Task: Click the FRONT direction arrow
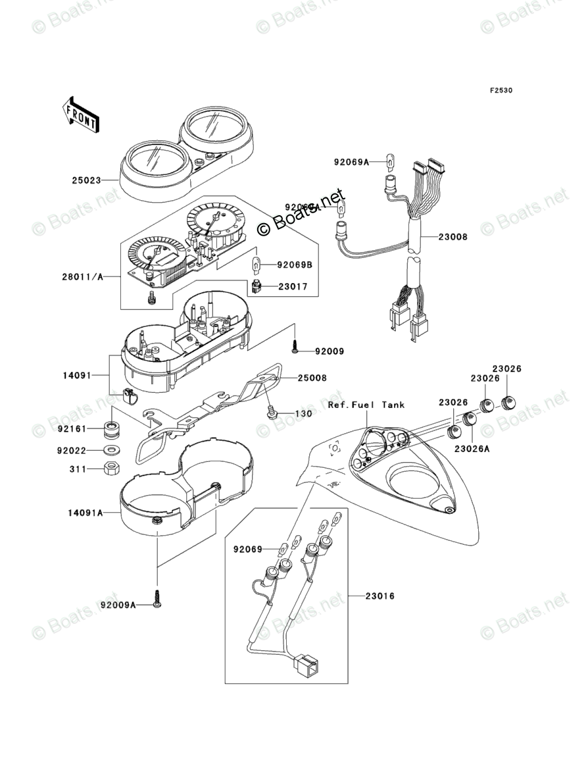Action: click(81, 115)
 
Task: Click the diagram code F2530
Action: click(500, 91)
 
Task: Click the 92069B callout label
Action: click(294, 266)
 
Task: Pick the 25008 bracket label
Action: click(312, 378)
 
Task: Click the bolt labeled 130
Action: click(271, 413)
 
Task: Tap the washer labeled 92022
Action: click(112, 451)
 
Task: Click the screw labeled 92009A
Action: click(157, 599)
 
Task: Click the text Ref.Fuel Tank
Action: click(366, 405)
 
